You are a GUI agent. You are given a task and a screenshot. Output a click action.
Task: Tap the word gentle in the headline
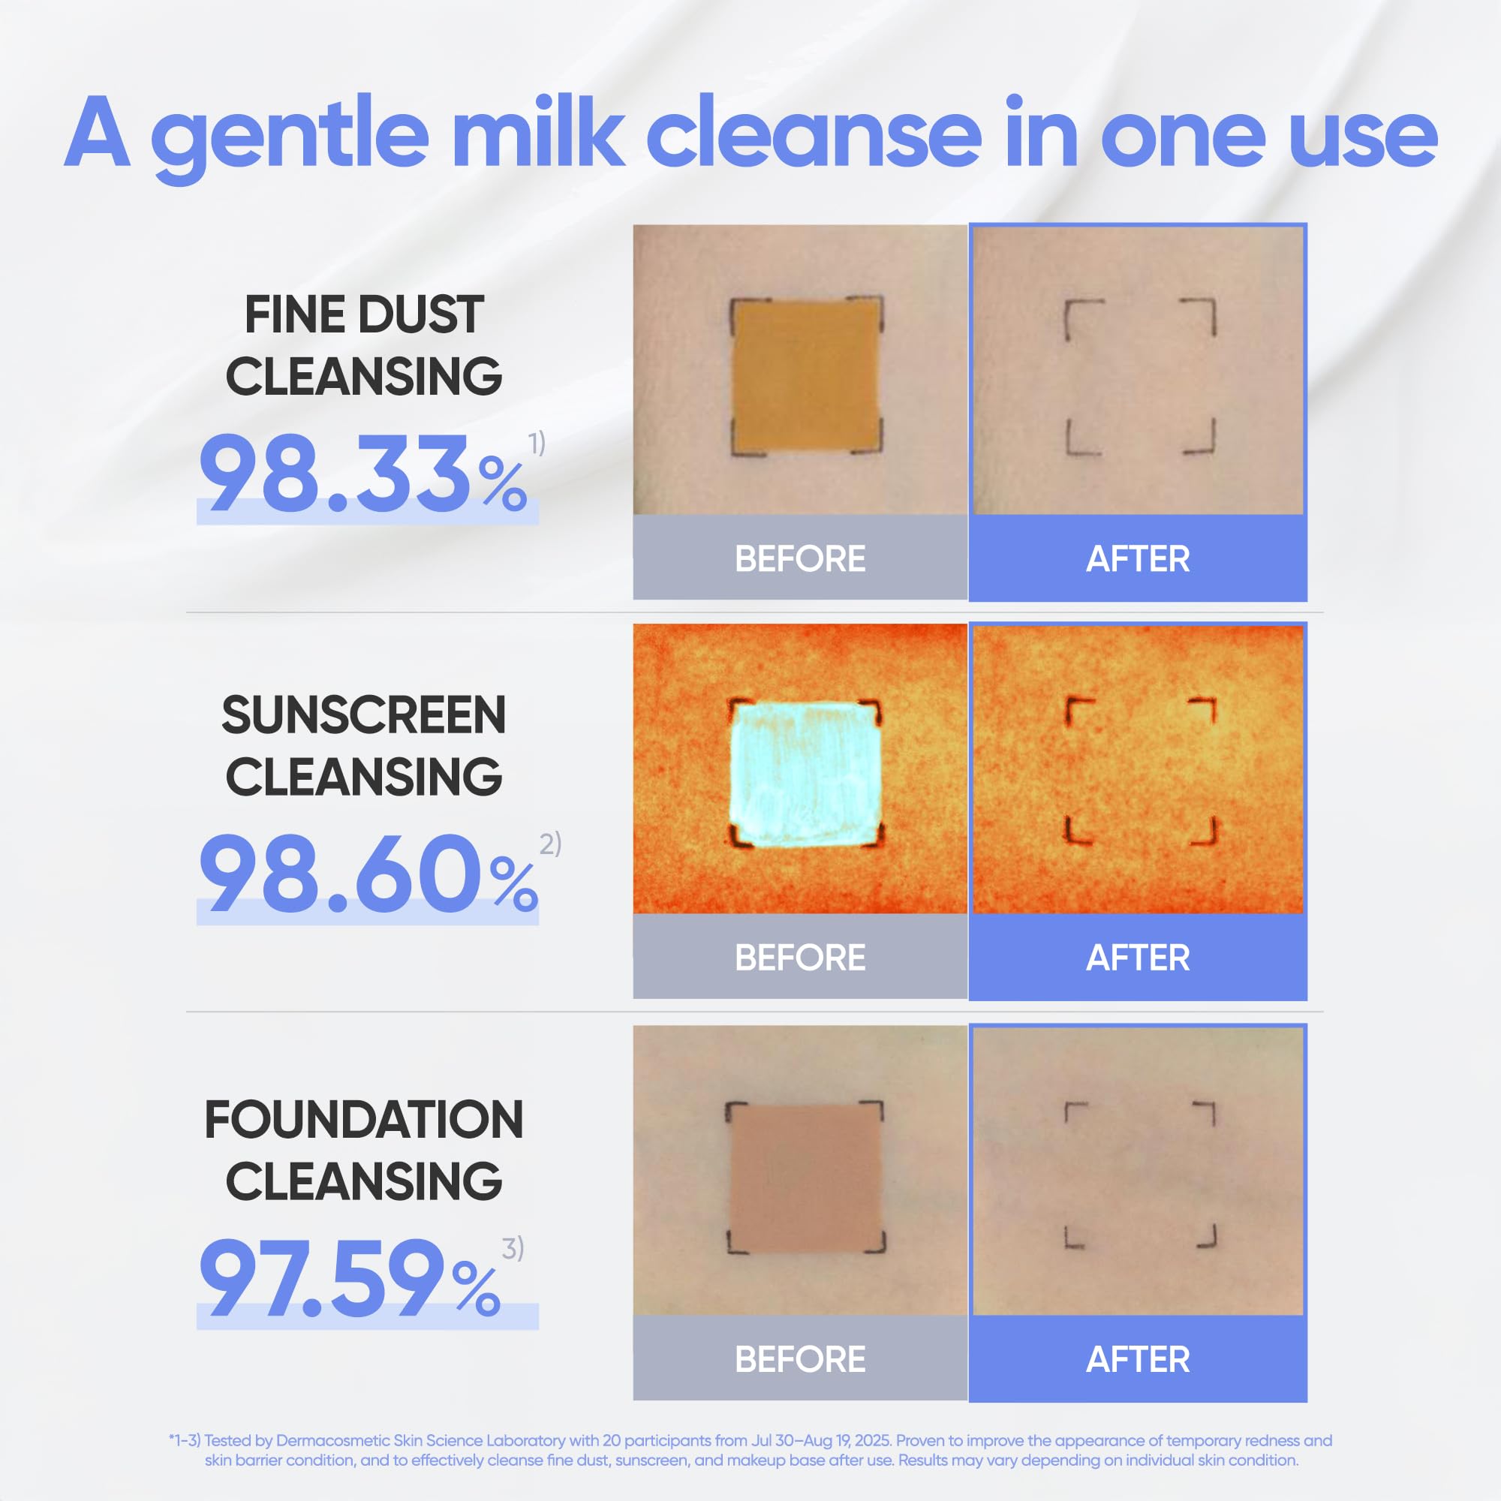pyautogui.click(x=290, y=138)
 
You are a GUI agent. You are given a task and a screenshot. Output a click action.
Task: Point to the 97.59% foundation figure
pyautogui.click(x=350, y=1279)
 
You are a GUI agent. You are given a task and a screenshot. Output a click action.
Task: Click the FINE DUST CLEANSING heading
pyautogui.click(x=363, y=345)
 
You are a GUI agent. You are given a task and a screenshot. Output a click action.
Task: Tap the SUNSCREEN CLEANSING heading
pyautogui.click(x=363, y=745)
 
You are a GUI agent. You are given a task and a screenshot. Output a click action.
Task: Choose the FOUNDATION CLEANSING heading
pyautogui.click(x=363, y=1150)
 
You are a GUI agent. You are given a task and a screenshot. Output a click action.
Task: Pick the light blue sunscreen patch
pyautogui.click(x=805, y=774)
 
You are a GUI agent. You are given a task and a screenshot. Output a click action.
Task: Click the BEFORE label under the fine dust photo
pyautogui.click(x=800, y=558)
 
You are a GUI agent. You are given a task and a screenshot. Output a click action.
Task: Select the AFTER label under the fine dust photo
pyautogui.click(x=1138, y=558)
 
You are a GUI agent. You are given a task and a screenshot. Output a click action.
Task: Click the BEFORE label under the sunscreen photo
pyautogui.click(x=800, y=957)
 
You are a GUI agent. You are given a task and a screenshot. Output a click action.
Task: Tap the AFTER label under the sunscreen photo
pyautogui.click(x=1138, y=957)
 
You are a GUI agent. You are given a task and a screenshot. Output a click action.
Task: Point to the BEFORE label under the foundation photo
pyautogui.click(x=800, y=1359)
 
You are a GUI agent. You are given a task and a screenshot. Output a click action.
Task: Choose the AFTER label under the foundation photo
pyautogui.click(x=1138, y=1359)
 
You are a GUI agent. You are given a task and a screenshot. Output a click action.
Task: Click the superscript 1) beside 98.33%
pyautogui.click(x=537, y=443)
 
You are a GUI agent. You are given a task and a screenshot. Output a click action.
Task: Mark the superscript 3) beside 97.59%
pyautogui.click(x=513, y=1248)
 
